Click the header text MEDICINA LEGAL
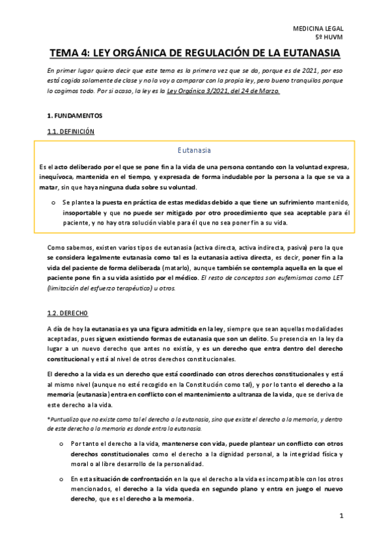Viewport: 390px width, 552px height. click(x=318, y=30)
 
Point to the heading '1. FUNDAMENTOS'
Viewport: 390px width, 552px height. click(x=75, y=115)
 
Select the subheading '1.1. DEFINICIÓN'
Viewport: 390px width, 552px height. click(x=71, y=131)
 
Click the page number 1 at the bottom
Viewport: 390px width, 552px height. click(x=341, y=516)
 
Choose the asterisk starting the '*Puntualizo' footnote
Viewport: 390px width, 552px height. click(x=49, y=402)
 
